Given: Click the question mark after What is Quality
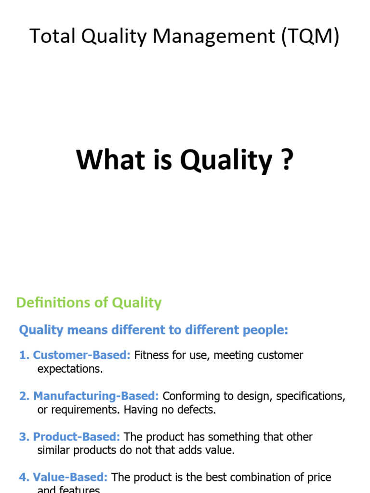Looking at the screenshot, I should pyautogui.click(x=286, y=160).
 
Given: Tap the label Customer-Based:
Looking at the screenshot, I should pyautogui.click(x=81, y=355).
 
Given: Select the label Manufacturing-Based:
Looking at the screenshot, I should pyautogui.click(x=95, y=396).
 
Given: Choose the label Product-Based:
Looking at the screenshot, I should pyautogui.click(x=76, y=437).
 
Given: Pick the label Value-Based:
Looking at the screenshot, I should pyautogui.click(x=70, y=478).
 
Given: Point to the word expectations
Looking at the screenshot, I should pyautogui.click(x=70, y=369).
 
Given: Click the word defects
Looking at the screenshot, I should pyautogui.click(x=198, y=410).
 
